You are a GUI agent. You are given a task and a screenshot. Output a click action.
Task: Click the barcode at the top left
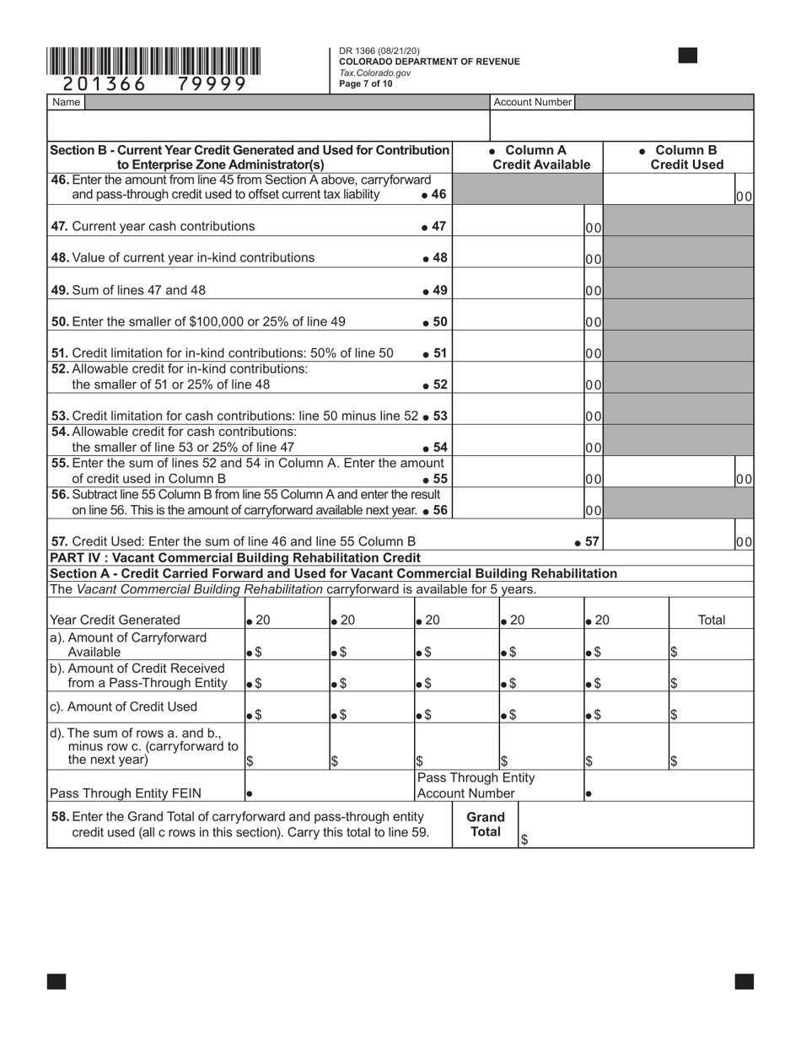(153, 62)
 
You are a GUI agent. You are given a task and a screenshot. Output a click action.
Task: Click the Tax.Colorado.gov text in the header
(375, 73)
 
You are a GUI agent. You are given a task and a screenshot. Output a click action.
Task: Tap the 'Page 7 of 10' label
(366, 83)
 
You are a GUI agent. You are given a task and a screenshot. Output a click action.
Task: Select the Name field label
(66, 102)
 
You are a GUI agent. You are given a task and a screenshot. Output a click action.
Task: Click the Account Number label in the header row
(532, 102)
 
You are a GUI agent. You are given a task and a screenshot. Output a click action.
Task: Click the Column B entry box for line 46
(668, 190)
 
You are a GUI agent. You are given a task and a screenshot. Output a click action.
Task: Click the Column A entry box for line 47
(519, 226)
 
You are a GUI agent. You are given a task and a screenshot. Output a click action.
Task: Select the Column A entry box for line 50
(519, 320)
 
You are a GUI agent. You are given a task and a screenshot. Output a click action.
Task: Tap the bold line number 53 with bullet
(435, 416)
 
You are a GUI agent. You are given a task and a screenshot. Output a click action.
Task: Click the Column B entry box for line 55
(668, 472)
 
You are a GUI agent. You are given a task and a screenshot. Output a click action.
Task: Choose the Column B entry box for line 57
(668, 535)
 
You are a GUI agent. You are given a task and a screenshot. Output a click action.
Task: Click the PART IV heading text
(234, 557)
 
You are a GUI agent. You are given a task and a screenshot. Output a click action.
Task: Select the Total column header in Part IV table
(712, 620)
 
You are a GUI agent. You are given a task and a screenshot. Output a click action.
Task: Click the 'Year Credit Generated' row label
(115, 620)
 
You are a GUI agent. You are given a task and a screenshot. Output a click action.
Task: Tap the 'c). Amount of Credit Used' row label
(123, 707)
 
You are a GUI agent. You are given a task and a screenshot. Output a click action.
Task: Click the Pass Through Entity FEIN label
(125, 793)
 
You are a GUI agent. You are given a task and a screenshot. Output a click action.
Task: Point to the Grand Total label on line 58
(486, 824)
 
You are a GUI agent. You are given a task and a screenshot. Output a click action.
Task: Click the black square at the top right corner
(688, 56)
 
